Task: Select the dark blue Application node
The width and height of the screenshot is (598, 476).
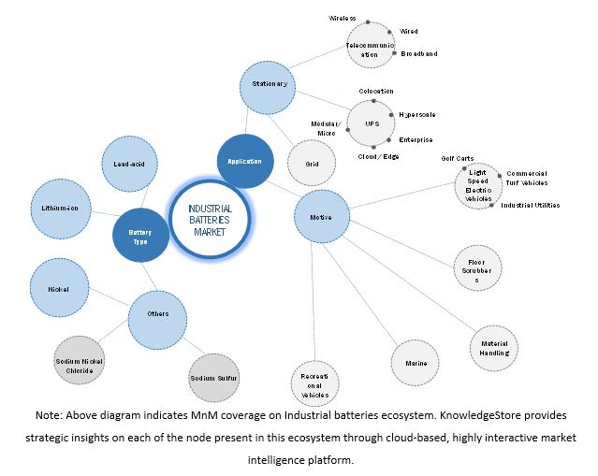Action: pyautogui.click(x=244, y=161)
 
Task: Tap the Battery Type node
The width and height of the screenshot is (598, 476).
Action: pyautogui.click(x=140, y=236)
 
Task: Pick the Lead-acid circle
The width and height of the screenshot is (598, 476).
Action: pyautogui.click(x=129, y=164)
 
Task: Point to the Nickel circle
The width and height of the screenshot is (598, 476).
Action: pyautogui.click(x=60, y=289)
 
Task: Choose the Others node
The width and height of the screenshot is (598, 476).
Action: pyautogui.click(x=158, y=314)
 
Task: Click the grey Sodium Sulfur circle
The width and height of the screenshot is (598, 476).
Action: pyautogui.click(x=214, y=378)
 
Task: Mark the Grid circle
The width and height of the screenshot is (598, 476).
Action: pyautogui.click(x=313, y=164)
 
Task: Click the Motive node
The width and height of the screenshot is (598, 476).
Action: pyautogui.click(x=321, y=218)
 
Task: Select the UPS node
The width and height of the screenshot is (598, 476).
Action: pyautogui.click(x=372, y=122)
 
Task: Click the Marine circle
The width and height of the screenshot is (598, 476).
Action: pyautogui.click(x=416, y=363)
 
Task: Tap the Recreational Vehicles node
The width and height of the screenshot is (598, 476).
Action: pyautogui.click(x=314, y=384)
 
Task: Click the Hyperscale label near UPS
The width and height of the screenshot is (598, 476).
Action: pyautogui.click(x=417, y=115)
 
